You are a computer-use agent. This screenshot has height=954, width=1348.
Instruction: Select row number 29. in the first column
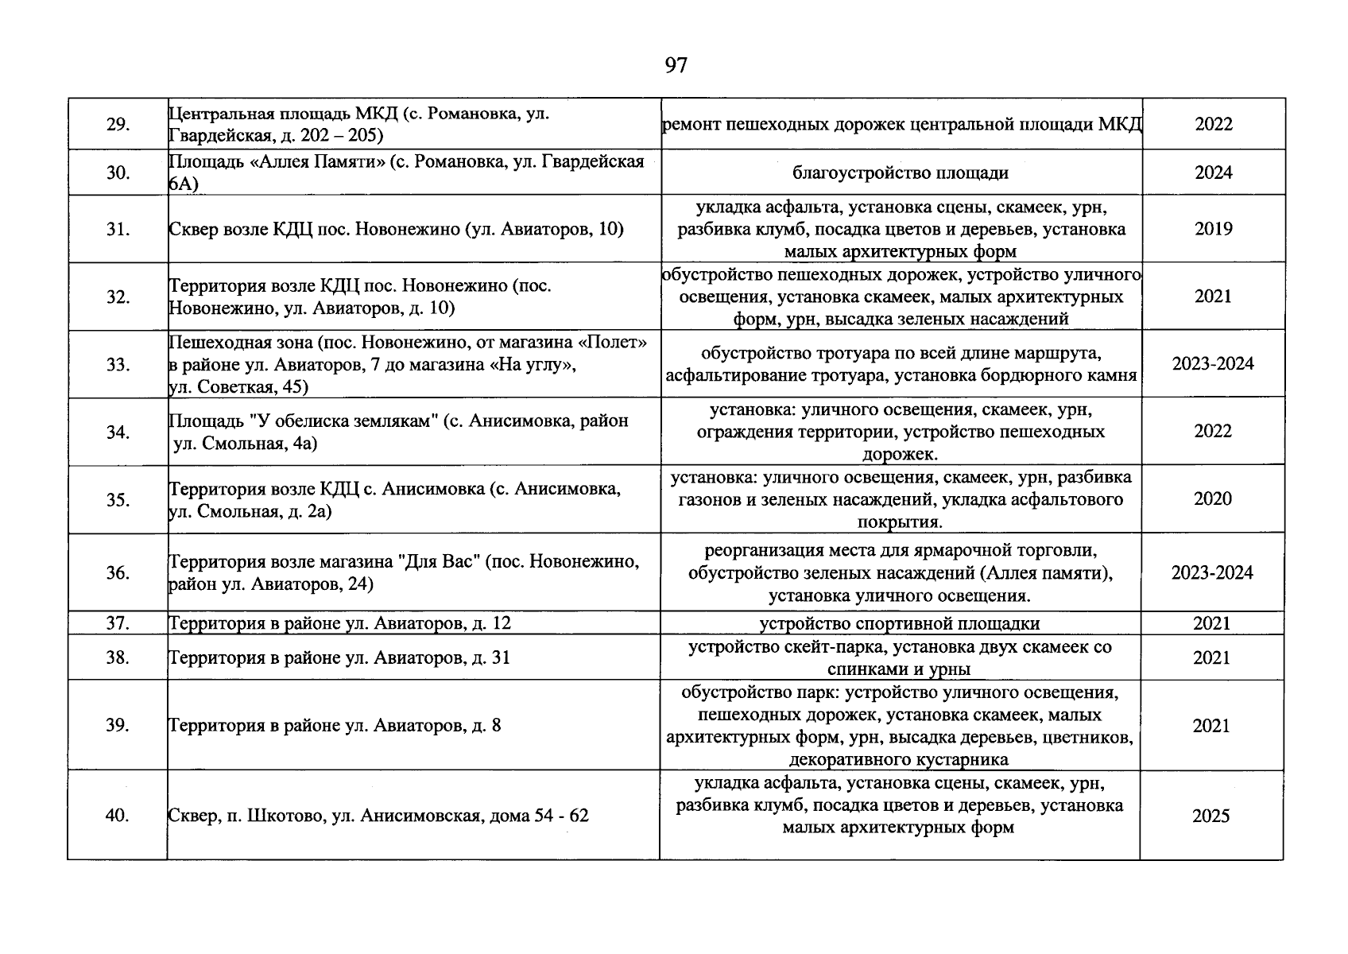tap(118, 125)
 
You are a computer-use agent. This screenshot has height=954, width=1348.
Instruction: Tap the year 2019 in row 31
tap(1213, 229)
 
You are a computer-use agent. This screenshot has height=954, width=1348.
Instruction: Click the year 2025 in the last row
tap(1210, 816)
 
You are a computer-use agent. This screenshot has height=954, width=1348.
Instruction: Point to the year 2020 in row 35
tap(1213, 499)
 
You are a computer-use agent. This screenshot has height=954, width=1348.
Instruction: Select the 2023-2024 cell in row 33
tap(1213, 364)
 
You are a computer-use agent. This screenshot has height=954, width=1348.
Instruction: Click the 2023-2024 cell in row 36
tap(1212, 573)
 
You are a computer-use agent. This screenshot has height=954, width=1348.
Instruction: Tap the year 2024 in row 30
tap(1213, 173)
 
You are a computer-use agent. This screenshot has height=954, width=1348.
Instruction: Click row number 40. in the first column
tap(117, 816)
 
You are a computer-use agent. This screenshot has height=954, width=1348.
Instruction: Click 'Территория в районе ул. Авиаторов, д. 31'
tap(339, 658)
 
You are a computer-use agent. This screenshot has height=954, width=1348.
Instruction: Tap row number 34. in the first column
tap(118, 432)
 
